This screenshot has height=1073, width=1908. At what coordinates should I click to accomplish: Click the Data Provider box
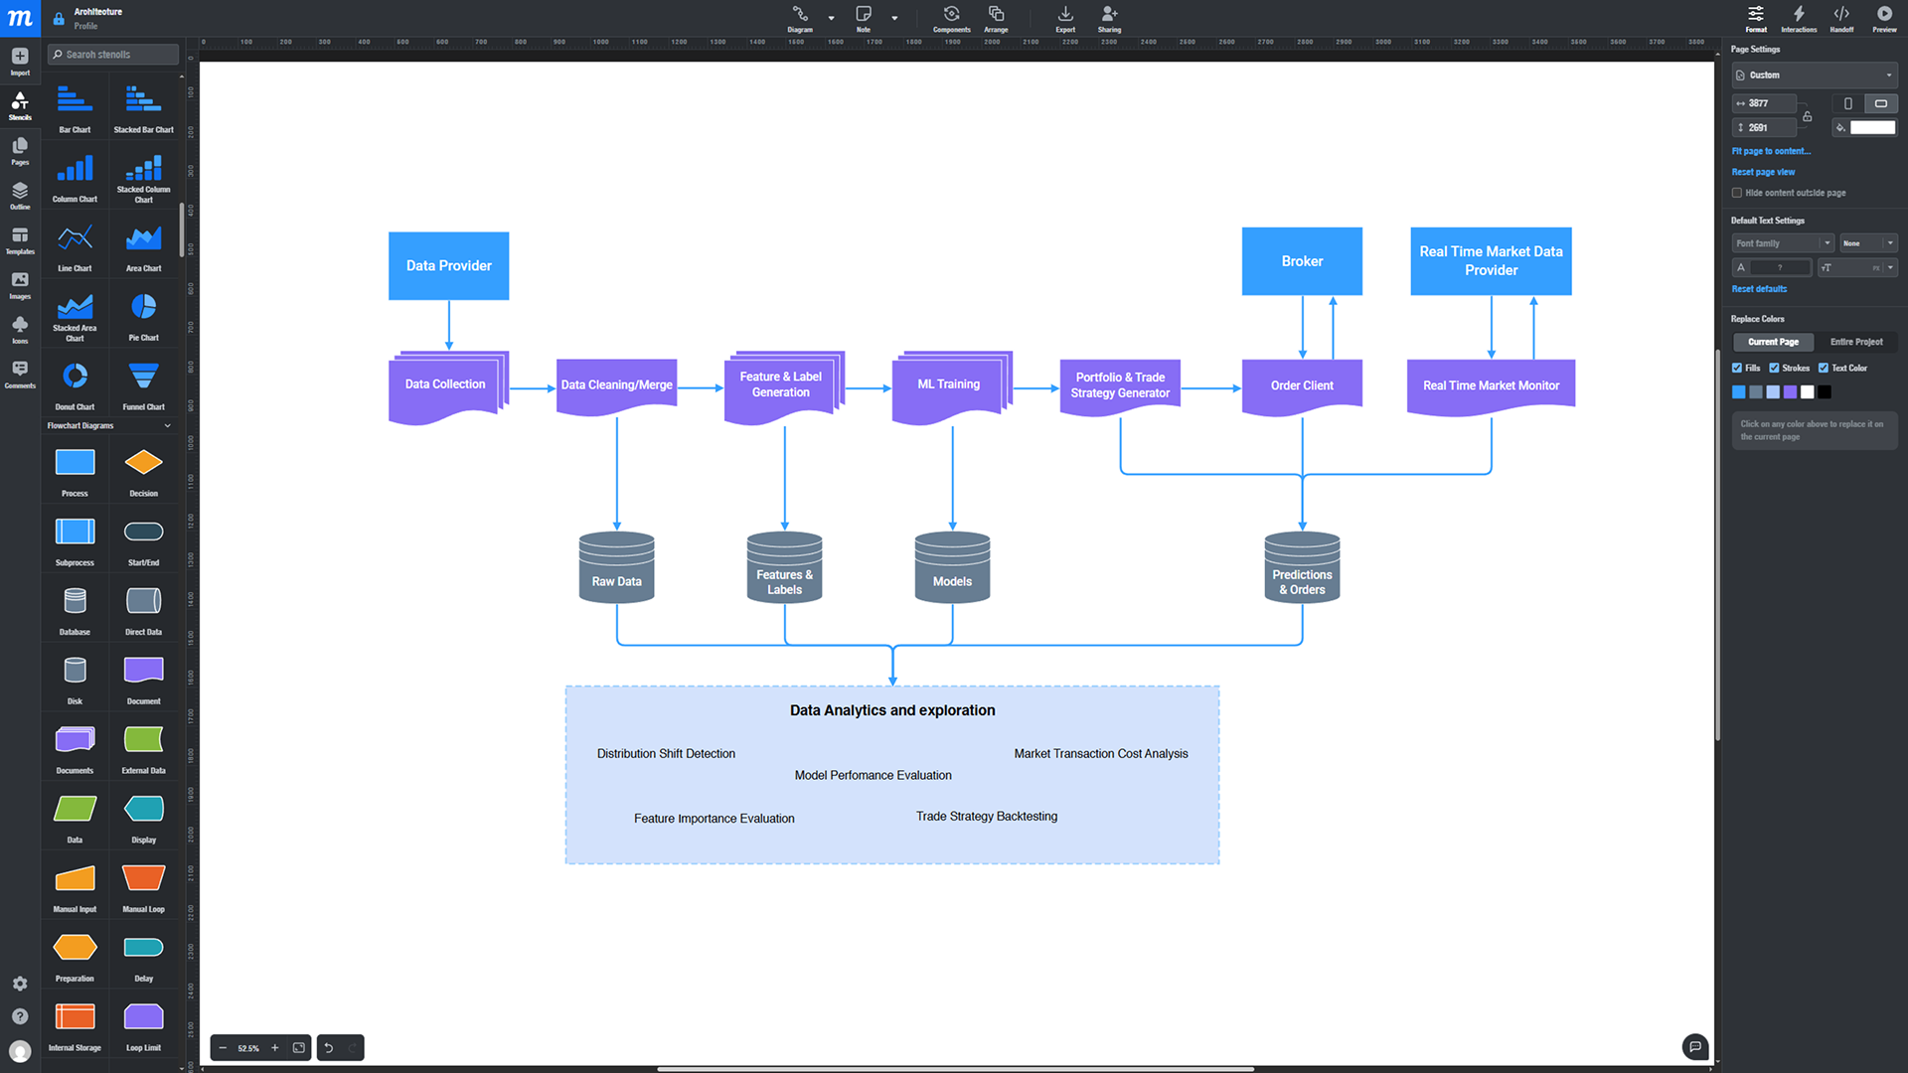coord(448,265)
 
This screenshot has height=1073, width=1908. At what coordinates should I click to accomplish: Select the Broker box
coord(1301,261)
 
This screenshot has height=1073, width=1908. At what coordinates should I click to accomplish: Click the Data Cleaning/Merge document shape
coord(616,385)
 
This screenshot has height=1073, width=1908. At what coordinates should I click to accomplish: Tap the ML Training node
coord(948,385)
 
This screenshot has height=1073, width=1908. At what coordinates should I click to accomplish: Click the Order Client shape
coord(1301,385)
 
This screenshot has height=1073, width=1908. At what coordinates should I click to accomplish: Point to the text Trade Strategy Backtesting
coord(986,817)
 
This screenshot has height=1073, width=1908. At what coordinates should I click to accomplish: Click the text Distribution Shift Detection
coord(666,754)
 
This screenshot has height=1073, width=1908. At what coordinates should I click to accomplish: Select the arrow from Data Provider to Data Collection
coord(449,324)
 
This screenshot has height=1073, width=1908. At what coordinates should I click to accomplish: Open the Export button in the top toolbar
coord(1065,18)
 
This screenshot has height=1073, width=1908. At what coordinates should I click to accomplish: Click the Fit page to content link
coord(1770,152)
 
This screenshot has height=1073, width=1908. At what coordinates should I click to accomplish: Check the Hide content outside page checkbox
coord(1737,193)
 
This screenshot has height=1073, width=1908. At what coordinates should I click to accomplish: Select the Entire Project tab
coord(1855,342)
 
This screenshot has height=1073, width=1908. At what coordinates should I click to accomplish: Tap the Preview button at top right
coord(1884,18)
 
